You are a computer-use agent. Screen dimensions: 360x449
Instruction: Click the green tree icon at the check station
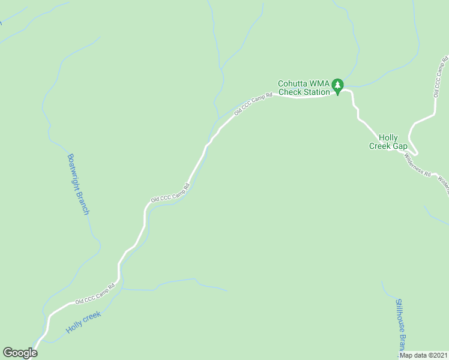338,87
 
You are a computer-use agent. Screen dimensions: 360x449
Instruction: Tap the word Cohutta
292,83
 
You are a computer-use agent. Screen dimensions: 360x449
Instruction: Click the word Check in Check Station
289,92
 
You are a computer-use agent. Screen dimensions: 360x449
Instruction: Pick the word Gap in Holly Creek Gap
400,146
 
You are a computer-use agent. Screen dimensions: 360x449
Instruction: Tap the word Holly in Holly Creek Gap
388,138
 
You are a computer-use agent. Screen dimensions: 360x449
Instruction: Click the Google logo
20,353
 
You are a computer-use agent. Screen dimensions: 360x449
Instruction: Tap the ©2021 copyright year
437,355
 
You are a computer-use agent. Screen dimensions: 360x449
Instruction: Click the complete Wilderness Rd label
417,165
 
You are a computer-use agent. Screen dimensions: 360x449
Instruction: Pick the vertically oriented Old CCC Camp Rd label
441,76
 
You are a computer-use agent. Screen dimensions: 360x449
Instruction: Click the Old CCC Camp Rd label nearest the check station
253,103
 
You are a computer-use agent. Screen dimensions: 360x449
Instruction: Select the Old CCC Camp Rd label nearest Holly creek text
95,293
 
